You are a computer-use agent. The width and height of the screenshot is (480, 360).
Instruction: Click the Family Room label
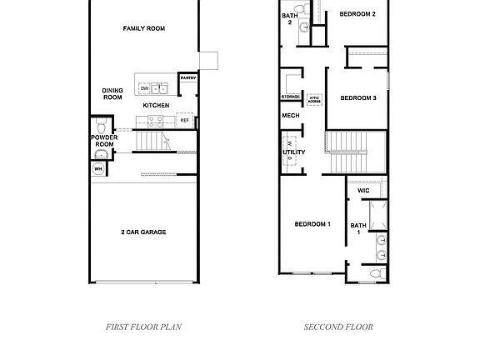[x=144, y=28]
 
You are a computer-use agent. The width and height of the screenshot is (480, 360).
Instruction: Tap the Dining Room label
[x=112, y=94]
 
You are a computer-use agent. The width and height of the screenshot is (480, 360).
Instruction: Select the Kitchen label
[x=156, y=106]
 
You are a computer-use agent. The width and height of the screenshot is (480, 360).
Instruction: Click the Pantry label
[x=187, y=78]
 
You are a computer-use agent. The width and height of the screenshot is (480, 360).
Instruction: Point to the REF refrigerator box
[x=185, y=120]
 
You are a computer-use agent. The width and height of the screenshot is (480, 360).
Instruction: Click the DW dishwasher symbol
[x=143, y=88]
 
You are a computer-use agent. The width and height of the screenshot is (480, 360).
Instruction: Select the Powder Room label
[x=104, y=141]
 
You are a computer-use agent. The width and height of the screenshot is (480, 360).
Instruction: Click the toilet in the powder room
[x=100, y=127]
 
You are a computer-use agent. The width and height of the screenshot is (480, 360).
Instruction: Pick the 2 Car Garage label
[x=142, y=232]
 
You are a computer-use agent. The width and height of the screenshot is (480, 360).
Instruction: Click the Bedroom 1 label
[x=313, y=224]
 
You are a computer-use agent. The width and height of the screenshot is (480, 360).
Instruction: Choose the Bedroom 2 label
[x=357, y=14]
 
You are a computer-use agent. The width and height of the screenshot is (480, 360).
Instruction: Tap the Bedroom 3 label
[x=359, y=98]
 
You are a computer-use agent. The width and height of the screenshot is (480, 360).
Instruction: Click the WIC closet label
[x=363, y=191]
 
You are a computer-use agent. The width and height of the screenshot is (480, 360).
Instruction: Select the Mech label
[x=290, y=116]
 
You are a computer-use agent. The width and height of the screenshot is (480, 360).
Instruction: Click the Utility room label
[x=294, y=152]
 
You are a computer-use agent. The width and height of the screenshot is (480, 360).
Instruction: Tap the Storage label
[x=290, y=97]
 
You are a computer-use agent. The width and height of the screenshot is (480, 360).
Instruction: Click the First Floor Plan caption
[x=143, y=327]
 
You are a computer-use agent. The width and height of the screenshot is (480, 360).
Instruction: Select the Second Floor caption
[x=338, y=327]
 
